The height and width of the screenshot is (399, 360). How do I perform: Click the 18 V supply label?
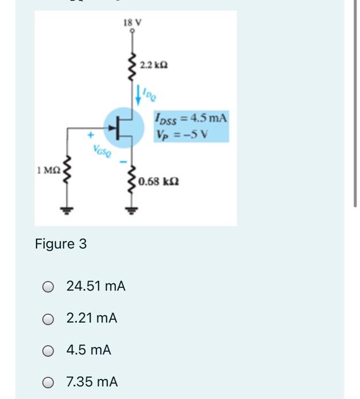pos(132,23)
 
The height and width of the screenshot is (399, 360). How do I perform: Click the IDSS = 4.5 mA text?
pos(191,119)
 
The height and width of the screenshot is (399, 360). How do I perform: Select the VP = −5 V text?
pos(181,135)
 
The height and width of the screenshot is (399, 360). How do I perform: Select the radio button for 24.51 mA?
pos(49,286)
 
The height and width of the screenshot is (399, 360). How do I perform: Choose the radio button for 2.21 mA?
pos(49,319)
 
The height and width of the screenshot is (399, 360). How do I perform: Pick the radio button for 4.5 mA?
pos(49,351)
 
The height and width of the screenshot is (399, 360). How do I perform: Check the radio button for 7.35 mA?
pos(49,382)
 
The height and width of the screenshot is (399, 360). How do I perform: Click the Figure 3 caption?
pos(60,244)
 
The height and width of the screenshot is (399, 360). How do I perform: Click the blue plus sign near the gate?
pos(90,136)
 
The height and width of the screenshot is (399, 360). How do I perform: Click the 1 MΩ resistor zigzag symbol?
pos(66,170)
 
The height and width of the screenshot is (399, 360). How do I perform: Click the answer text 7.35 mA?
pos(92,382)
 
